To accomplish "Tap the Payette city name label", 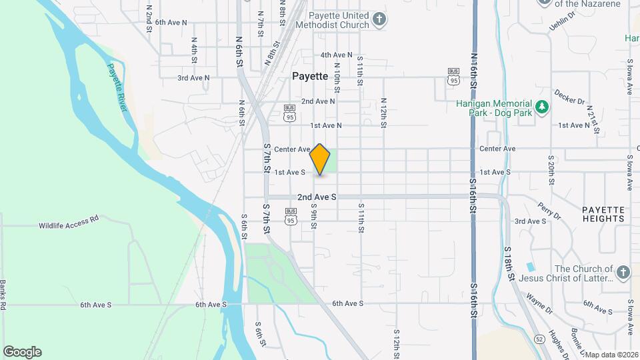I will [310, 77].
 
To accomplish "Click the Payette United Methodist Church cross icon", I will [379, 19].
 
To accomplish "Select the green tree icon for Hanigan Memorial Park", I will [543, 107].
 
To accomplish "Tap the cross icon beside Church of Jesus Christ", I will [623, 273].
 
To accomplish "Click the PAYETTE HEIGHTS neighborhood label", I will [603, 214].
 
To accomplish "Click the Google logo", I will [22, 352].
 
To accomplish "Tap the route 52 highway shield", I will [539, 339].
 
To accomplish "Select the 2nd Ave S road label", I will [317, 197].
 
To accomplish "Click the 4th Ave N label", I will [336, 55].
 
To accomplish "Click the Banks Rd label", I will [3, 293].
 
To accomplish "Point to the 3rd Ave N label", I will [193, 78].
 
